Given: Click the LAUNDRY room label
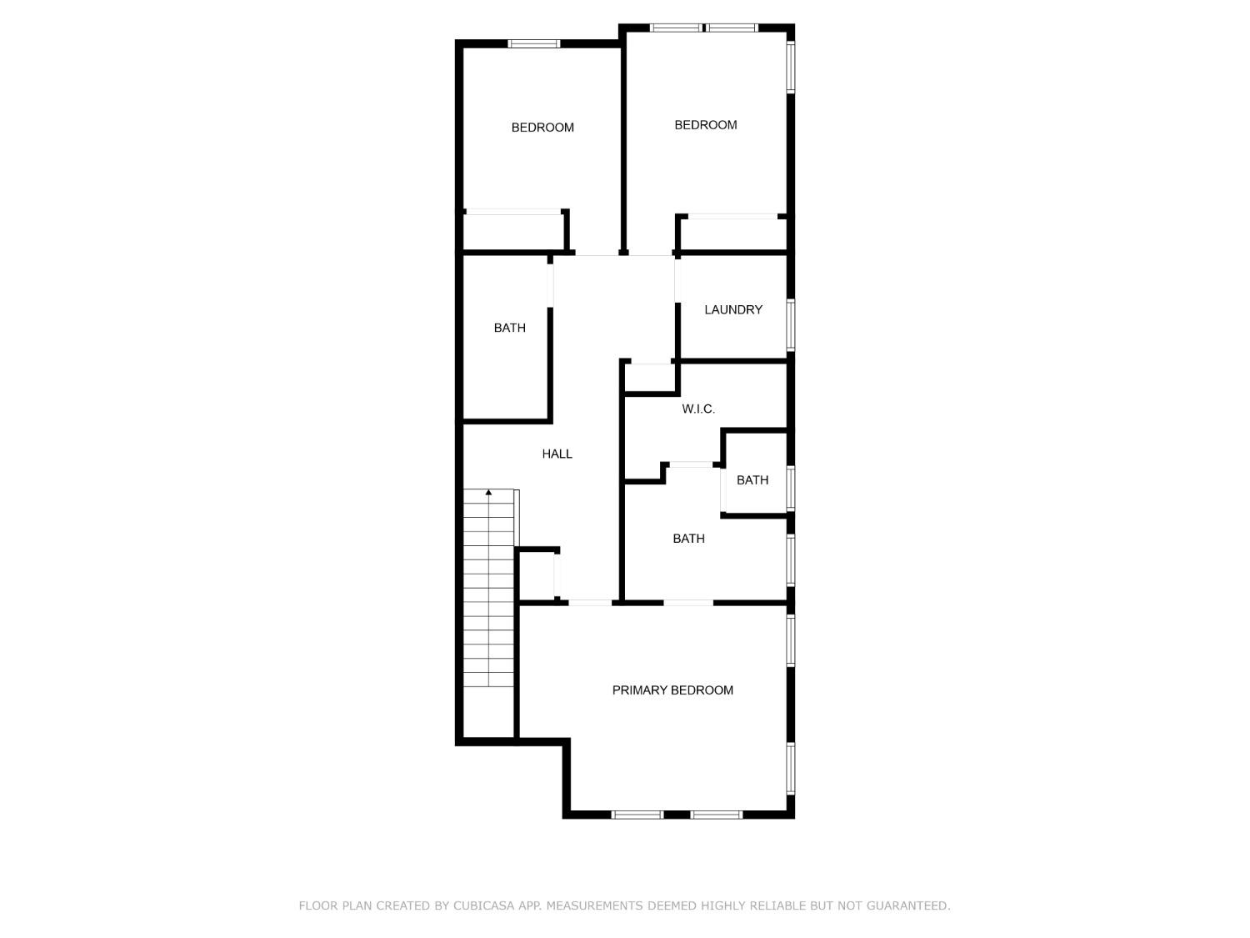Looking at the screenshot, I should point(732,309).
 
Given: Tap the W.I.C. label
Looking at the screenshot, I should point(697,409).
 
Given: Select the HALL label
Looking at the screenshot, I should point(557,454).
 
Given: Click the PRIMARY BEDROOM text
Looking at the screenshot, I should point(672,690).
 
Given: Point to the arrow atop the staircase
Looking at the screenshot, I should point(488,493).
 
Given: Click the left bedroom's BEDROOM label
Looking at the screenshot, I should point(542,128).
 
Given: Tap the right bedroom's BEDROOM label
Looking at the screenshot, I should point(705,125).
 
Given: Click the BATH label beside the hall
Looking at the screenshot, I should point(509,328).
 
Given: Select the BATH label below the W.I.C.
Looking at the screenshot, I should point(688,539).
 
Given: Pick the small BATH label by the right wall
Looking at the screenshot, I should point(752,479).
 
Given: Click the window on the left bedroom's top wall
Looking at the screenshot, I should point(534,43).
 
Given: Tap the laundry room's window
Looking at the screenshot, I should point(791,324).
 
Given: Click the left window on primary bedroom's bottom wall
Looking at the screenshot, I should point(637,815).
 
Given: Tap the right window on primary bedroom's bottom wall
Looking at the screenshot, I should point(716,815).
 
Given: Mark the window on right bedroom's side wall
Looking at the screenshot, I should point(791,67).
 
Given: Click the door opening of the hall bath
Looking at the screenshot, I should point(550,284).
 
